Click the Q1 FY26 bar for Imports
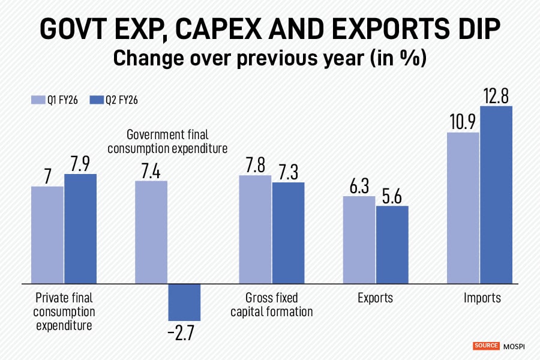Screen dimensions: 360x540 click(x=463, y=208)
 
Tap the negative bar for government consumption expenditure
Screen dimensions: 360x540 click(x=184, y=302)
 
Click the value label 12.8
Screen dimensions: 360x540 click(x=496, y=94)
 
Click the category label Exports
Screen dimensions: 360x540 click(x=375, y=298)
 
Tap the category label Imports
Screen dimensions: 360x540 click(x=482, y=298)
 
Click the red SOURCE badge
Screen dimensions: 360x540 click(x=486, y=346)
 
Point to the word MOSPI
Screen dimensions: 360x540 click(x=515, y=346)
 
